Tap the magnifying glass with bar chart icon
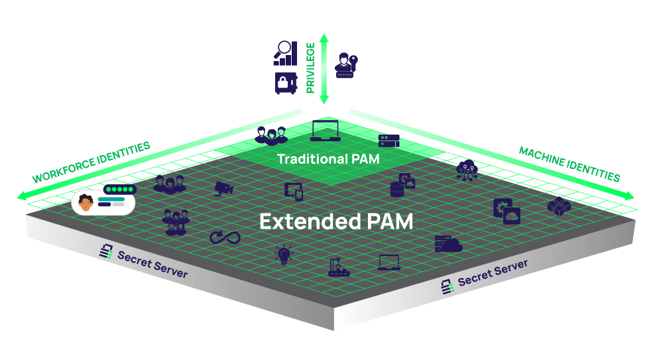tap(285, 53)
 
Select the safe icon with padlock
tap(285, 83)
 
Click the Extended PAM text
tap(335, 221)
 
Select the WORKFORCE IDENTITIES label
tap(91, 162)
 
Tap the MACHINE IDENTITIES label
tap(569, 164)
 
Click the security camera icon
tap(224, 188)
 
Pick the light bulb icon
tap(284, 255)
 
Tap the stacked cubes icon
tap(558, 206)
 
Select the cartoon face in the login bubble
tap(86, 203)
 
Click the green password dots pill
tap(119, 190)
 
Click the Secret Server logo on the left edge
tap(105, 252)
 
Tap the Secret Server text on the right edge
tap(493, 272)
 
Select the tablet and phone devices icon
tap(294, 191)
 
